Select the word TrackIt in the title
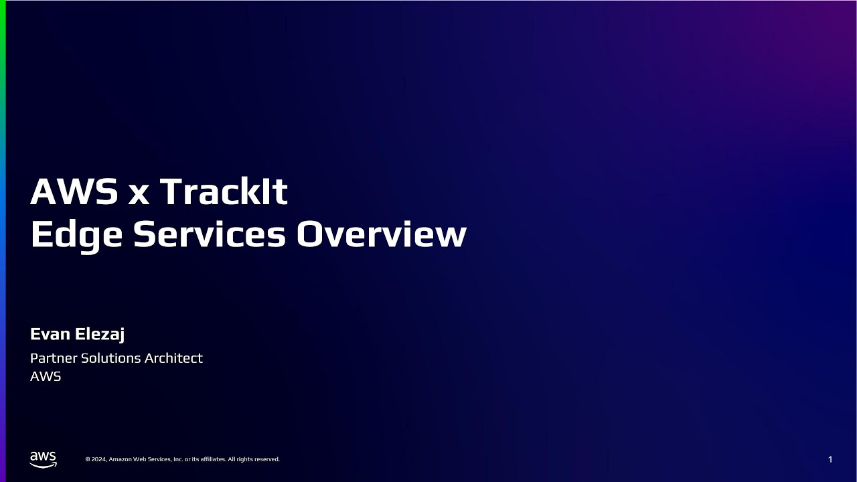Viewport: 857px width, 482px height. pos(224,192)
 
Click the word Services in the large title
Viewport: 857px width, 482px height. pos(210,234)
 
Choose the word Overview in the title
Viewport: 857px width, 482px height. pos(381,234)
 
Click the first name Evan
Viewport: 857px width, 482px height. pos(50,334)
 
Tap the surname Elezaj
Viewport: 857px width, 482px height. pos(100,335)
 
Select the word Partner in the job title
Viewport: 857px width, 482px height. pos(54,358)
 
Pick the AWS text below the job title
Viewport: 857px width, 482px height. pos(46,376)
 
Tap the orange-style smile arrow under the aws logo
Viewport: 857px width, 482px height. pos(44,465)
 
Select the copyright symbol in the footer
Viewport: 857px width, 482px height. pos(88,459)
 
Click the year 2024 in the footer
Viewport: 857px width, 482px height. pos(98,459)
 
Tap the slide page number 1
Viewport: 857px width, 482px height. pos(830,459)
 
